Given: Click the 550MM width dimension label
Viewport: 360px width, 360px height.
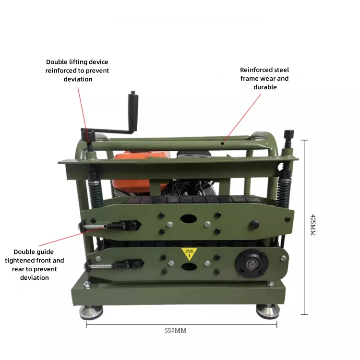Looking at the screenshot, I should [175, 331].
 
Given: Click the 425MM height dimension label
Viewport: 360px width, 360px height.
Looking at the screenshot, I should [313, 225].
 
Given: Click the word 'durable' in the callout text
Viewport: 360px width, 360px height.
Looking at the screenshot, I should [265, 87].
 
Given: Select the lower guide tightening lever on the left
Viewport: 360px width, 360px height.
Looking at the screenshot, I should [115, 264].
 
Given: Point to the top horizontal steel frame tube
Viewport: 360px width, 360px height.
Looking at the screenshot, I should [182, 142].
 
